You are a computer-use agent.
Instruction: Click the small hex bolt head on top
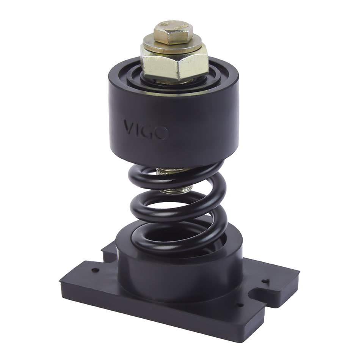point(173,32)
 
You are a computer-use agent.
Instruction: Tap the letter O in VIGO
point(162,133)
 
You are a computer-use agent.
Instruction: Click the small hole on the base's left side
point(94,270)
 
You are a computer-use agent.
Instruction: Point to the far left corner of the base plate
point(61,281)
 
